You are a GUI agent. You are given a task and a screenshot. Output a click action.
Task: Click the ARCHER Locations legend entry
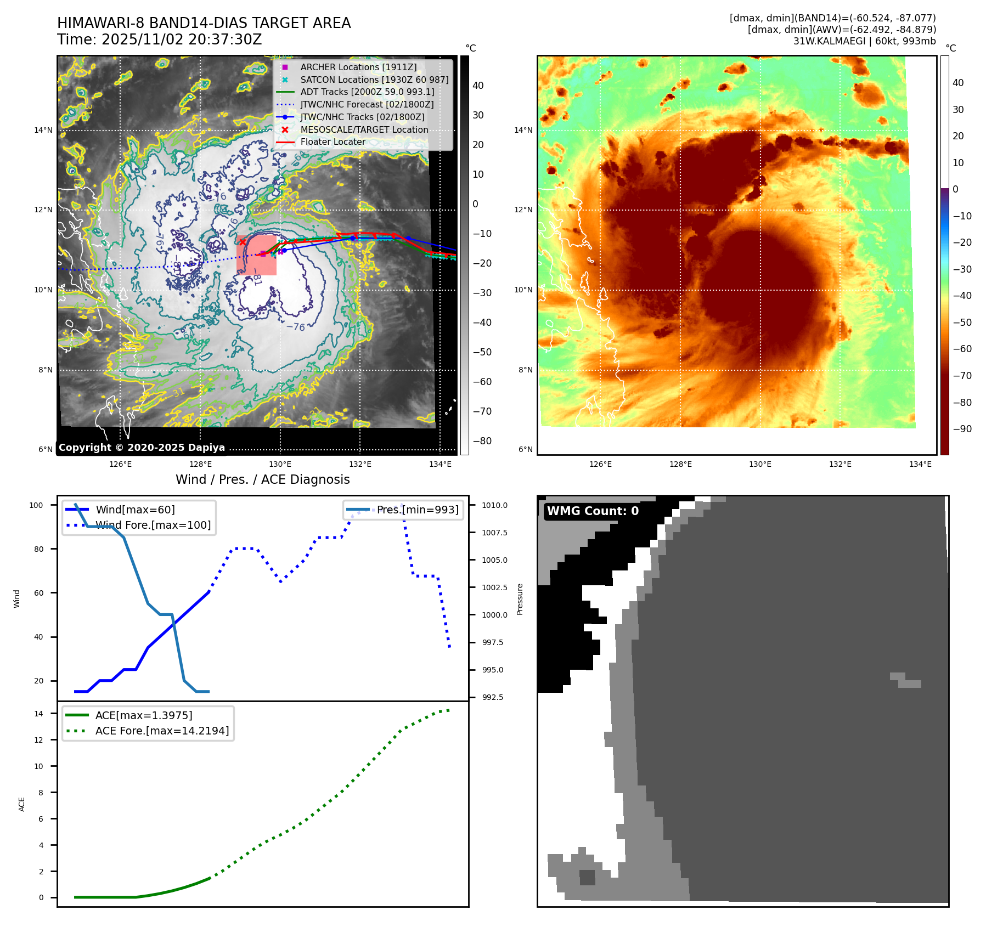point(358,67)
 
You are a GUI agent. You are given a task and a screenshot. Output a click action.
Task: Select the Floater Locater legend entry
point(333,142)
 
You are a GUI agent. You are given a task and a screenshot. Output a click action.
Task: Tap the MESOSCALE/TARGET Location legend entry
point(364,129)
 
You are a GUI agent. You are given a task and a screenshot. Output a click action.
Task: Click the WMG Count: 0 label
point(593,511)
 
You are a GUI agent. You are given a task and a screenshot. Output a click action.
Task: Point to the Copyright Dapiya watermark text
point(142,448)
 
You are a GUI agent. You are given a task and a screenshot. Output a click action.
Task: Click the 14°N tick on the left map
point(43,130)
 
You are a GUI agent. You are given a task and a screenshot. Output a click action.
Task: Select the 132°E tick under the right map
point(840,464)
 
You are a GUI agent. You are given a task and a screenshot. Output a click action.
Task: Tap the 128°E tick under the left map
point(200,464)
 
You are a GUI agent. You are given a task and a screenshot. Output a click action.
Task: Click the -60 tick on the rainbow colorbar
point(962,349)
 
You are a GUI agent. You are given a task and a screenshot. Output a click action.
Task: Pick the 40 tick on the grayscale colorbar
point(478,86)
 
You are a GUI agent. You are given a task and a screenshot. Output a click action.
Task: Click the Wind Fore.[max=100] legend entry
point(153,525)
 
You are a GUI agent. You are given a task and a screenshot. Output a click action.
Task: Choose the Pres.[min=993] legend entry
point(418,510)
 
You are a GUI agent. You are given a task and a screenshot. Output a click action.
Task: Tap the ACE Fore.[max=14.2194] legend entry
point(162,731)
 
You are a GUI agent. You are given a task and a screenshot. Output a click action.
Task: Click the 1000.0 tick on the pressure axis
point(494,615)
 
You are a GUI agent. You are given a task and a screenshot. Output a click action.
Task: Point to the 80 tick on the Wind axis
point(38,549)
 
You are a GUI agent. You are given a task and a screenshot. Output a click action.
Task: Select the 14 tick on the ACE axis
point(38,714)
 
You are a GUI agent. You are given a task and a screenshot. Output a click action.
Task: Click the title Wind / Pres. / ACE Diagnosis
point(262,479)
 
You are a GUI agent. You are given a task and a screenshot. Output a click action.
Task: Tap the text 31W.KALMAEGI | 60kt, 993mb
point(864,41)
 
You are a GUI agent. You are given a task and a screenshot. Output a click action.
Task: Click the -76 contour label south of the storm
point(296,327)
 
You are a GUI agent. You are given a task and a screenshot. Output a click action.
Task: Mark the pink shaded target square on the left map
point(257,255)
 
